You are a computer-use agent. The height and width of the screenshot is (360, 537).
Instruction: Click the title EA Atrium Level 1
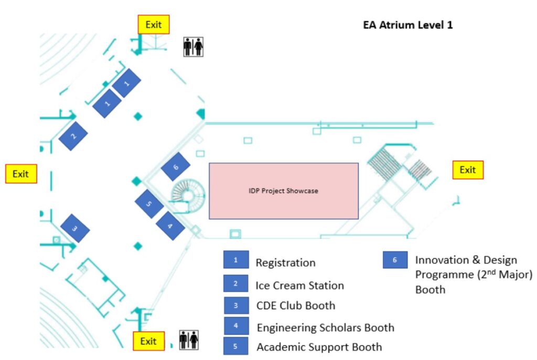[x=408, y=25]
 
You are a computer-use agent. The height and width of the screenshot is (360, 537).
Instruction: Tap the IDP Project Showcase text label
[x=284, y=191]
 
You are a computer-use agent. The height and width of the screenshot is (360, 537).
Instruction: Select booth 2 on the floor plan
[x=73, y=136]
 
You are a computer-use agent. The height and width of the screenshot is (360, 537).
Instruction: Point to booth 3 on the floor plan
[x=75, y=228]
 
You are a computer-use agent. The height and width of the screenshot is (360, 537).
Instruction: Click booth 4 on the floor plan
[x=170, y=226]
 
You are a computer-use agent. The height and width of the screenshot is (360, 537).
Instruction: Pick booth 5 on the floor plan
[x=149, y=204]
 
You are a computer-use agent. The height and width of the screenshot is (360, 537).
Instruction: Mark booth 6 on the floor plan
[x=176, y=167]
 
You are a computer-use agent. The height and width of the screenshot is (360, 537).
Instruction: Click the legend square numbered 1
[x=236, y=260]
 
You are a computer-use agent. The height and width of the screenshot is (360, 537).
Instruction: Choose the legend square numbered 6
[x=395, y=260]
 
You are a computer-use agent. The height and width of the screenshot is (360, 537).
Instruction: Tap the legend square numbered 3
[x=236, y=305]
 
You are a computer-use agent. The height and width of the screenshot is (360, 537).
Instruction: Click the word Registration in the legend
[x=286, y=263]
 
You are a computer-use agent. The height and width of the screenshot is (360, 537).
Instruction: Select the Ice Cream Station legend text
[x=299, y=285]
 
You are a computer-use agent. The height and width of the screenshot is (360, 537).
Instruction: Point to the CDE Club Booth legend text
[x=296, y=305]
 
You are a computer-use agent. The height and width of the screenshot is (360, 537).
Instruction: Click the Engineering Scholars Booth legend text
[x=326, y=328]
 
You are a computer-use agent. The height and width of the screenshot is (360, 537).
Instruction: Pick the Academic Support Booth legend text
[x=319, y=347]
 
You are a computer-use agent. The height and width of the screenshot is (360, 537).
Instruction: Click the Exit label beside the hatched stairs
[x=468, y=170]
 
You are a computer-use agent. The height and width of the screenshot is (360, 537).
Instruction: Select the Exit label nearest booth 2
[x=21, y=174]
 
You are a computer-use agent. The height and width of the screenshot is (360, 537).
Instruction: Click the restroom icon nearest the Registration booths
[x=193, y=47]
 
